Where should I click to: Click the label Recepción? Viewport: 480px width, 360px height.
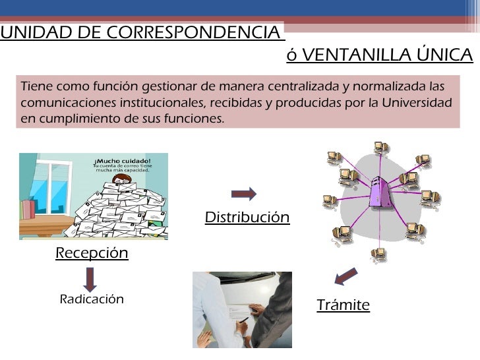(x=92, y=253)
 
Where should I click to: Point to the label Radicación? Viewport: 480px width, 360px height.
(x=92, y=299)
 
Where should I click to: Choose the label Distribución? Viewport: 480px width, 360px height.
(x=247, y=218)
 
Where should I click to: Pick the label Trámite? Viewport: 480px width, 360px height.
(x=343, y=305)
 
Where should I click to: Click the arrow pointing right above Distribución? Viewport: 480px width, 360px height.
(x=244, y=193)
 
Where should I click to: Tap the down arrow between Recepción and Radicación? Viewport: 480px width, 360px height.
(x=91, y=278)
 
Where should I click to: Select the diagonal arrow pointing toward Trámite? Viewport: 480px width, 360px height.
(x=345, y=276)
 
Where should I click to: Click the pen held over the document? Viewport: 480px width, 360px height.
(x=242, y=320)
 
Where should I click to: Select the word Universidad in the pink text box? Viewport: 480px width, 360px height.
(x=420, y=104)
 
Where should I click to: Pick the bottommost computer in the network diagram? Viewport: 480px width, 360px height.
(x=378, y=254)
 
